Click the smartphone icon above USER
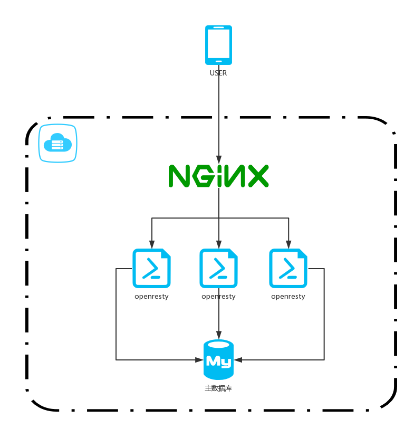(x=218, y=45)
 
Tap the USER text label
(x=218, y=73)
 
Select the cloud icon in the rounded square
(x=57, y=143)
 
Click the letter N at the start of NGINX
(x=179, y=176)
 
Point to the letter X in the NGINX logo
(x=258, y=176)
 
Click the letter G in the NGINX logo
(x=203, y=176)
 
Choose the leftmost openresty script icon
(x=151, y=268)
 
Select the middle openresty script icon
(x=218, y=268)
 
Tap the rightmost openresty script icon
(x=288, y=268)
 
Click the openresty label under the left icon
(x=151, y=297)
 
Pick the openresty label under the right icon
(x=288, y=297)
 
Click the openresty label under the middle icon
(x=218, y=297)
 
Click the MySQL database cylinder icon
(x=218, y=359)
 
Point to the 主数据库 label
(x=218, y=388)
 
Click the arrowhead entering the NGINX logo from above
(x=219, y=160)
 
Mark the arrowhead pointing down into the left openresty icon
(x=152, y=244)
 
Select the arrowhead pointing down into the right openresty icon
(x=288, y=244)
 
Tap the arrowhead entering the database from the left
(x=199, y=360)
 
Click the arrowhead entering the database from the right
(x=238, y=360)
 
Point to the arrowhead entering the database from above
(x=219, y=335)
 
